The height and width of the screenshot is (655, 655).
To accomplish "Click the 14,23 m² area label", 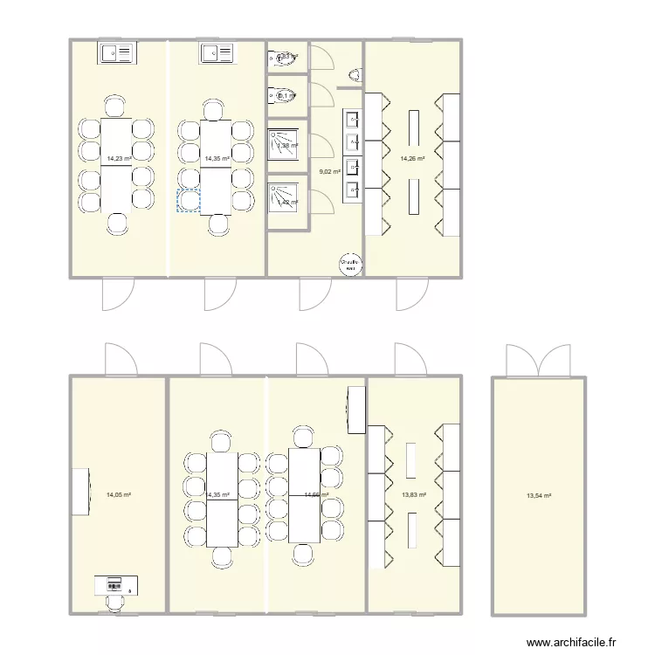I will click(119, 159).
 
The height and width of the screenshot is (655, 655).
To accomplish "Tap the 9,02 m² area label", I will click(330, 172).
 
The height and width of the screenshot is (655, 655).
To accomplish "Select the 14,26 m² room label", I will click(412, 159).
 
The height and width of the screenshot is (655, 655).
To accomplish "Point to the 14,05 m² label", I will click(119, 495).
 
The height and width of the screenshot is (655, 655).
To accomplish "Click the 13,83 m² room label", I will click(413, 495).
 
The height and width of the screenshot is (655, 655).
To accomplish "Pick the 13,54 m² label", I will click(539, 495).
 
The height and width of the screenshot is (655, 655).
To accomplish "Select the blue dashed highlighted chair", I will click(189, 201).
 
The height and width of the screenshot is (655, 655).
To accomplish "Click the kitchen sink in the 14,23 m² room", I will click(116, 54).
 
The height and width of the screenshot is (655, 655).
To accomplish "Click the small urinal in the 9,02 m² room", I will click(355, 74).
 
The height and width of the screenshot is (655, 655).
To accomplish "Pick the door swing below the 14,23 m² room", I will click(117, 294).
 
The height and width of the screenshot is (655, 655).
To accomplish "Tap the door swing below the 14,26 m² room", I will click(410, 294).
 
